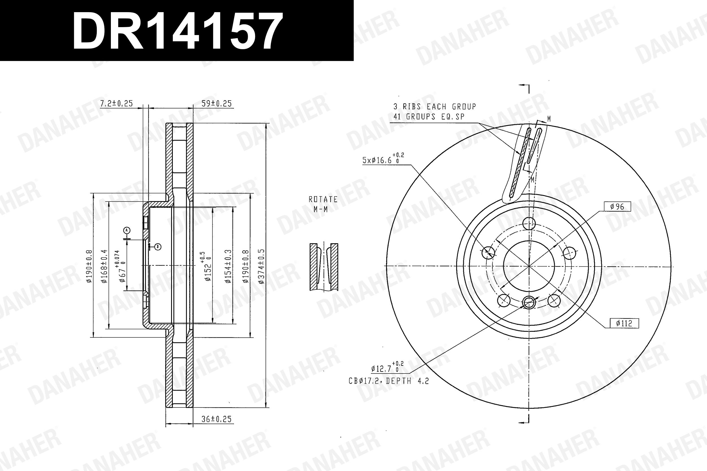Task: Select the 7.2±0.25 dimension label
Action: coord(116,104)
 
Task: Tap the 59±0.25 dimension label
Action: coord(216,104)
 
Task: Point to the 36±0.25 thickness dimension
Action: coord(216,419)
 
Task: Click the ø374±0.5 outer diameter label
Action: coord(261,266)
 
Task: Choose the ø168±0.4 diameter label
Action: coord(104,266)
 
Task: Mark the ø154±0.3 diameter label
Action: coord(228,266)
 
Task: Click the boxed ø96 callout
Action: coord(617,207)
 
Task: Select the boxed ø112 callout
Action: coord(624,323)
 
